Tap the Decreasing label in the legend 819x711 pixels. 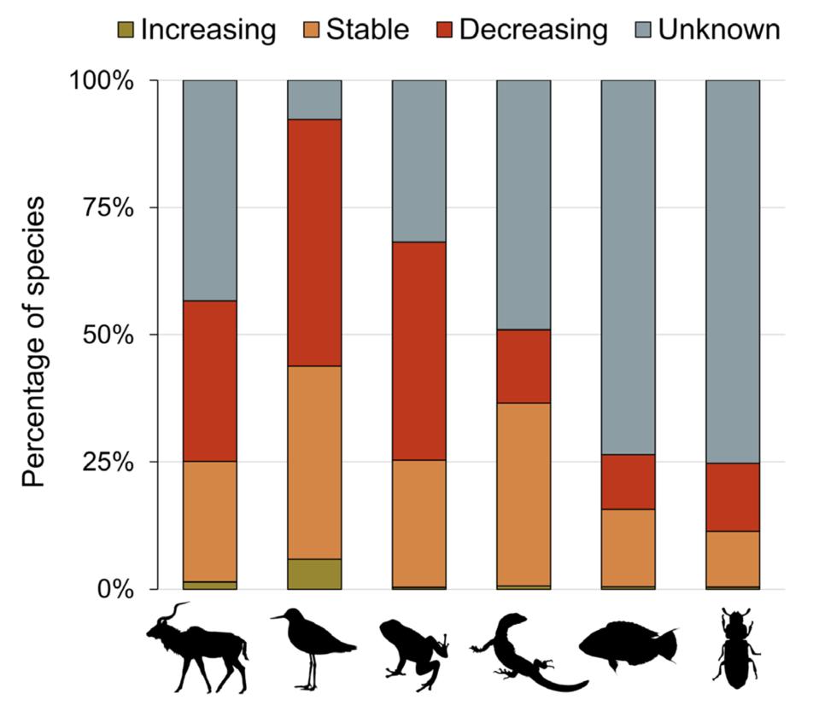(x=533, y=30)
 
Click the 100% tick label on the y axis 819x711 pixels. (x=102, y=81)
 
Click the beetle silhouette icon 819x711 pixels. (x=734, y=649)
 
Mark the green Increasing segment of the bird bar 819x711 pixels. (x=314, y=574)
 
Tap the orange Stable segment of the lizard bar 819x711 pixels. (x=524, y=494)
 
